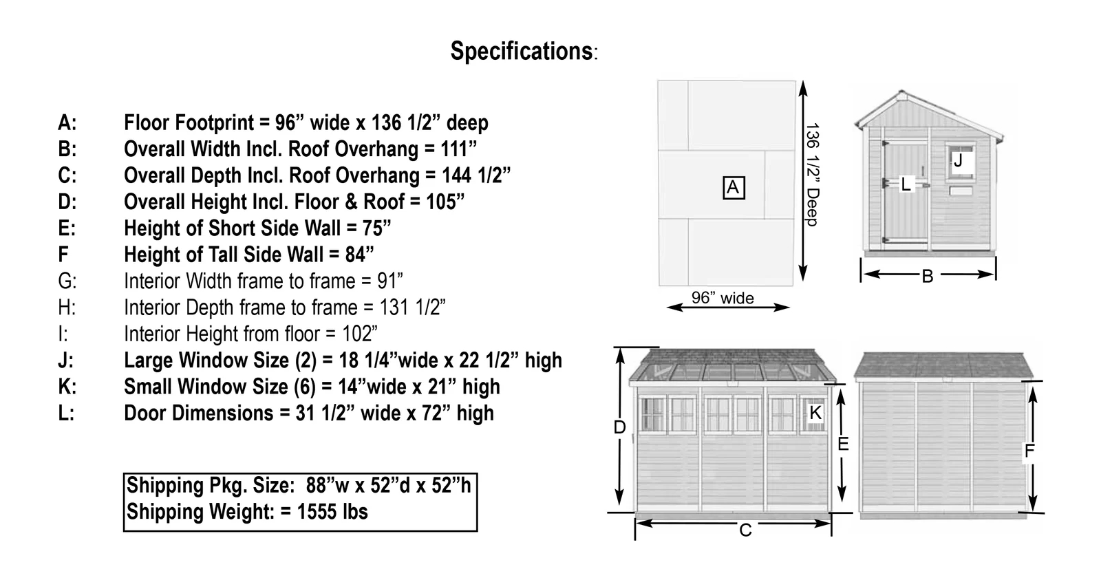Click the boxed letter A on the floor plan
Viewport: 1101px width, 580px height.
(732, 187)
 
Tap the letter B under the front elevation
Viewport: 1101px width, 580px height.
(927, 277)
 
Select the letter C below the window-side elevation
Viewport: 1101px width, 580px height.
(745, 530)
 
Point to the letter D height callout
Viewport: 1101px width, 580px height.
(619, 427)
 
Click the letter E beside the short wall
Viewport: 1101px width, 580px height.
(843, 444)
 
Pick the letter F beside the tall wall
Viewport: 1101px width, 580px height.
(1029, 451)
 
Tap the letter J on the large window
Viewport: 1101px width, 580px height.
(957, 161)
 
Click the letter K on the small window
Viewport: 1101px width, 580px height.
(815, 413)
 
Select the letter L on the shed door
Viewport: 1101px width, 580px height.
(906, 184)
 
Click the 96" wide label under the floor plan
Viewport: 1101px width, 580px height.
(723, 299)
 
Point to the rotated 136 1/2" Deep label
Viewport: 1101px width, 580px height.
(813, 174)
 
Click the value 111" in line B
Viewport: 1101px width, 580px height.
(459, 149)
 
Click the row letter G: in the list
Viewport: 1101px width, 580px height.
(67, 281)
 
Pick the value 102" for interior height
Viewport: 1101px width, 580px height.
(360, 334)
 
